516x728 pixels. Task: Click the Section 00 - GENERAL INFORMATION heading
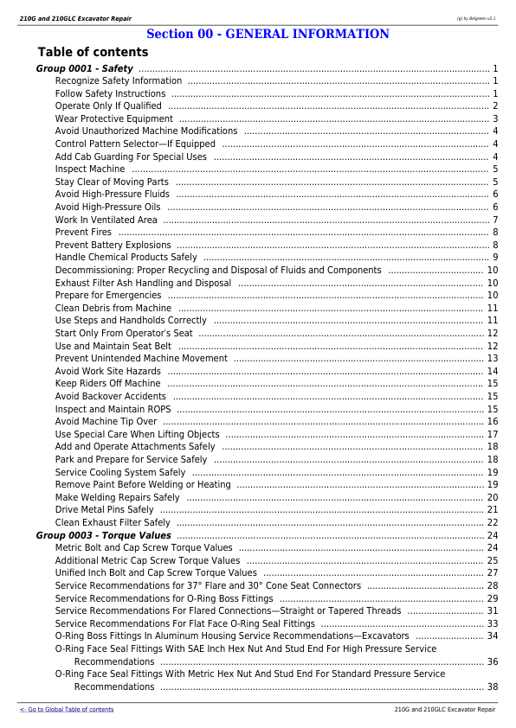(268, 35)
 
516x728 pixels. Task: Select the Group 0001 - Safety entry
(85, 68)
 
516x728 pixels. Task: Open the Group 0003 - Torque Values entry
(103, 535)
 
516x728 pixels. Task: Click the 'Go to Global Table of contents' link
(67, 709)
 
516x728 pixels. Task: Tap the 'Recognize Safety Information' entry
(118, 81)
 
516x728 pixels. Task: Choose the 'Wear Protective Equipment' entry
(113, 119)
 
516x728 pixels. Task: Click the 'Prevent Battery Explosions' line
(113, 245)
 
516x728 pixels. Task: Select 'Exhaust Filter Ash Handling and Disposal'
(143, 283)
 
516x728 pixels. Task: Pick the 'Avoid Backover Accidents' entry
(110, 396)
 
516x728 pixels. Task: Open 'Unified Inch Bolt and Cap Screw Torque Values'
(156, 572)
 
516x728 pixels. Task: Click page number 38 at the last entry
(492, 687)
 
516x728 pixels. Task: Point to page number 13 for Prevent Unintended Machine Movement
(492, 358)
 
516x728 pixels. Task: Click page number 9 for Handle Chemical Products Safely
(494, 258)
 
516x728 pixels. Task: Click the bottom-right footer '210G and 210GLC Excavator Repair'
(444, 709)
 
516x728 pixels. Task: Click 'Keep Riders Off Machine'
(107, 383)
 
